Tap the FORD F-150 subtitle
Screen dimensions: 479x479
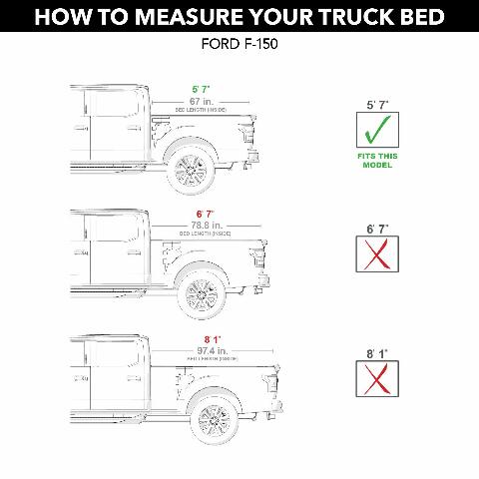pos(239,46)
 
